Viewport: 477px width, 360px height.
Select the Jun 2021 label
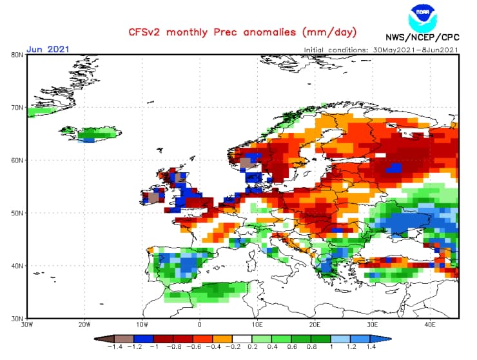pyautogui.click(x=48, y=49)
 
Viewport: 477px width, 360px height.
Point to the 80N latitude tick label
pyautogui.click(x=17, y=55)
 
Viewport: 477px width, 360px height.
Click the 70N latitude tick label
pyautogui.click(x=17, y=108)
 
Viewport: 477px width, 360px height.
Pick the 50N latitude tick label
pyautogui.click(x=17, y=213)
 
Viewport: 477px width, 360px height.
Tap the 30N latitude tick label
pyautogui.click(x=17, y=318)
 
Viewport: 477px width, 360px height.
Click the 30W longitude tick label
pyautogui.click(x=26, y=325)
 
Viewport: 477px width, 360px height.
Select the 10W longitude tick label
pyautogui.click(x=142, y=325)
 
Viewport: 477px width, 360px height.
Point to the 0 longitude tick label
pyautogui.click(x=200, y=325)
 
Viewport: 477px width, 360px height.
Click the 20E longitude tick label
pyautogui.click(x=315, y=325)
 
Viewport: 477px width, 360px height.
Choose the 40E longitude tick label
pyautogui.click(x=431, y=325)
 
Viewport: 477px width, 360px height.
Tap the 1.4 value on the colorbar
pyautogui.click(x=372, y=347)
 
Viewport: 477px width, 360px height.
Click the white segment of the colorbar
pyautogui.click(x=243, y=338)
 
